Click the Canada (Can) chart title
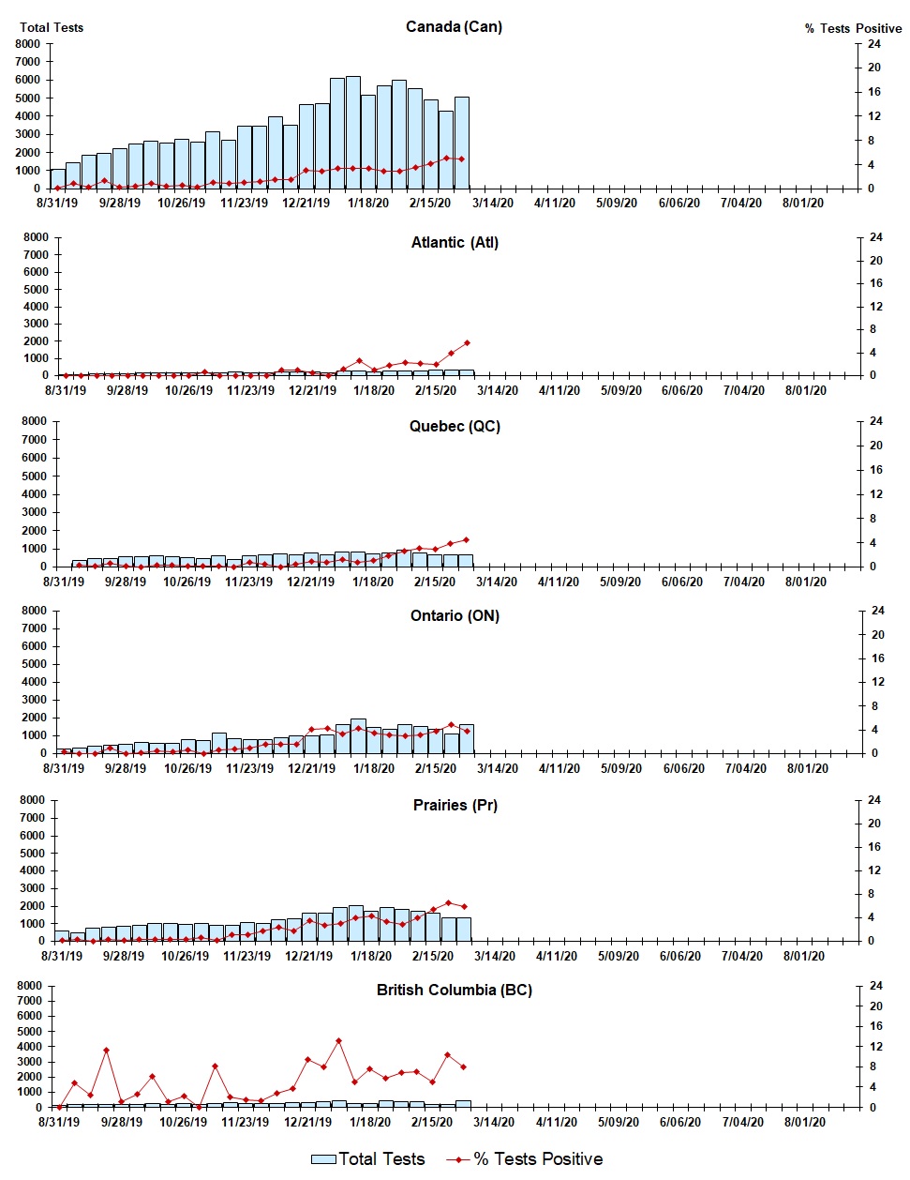pyautogui.click(x=454, y=26)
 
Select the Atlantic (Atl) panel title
pyautogui.click(x=455, y=242)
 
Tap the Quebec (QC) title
pyautogui.click(x=455, y=426)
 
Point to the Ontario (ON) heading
pyautogui.click(x=455, y=615)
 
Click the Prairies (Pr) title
pyautogui.click(x=455, y=805)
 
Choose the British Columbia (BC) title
pyautogui.click(x=454, y=990)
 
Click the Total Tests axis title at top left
pyautogui.click(x=52, y=27)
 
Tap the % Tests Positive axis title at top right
pyautogui.click(x=853, y=28)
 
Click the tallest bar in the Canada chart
pyautogui.click(x=352, y=132)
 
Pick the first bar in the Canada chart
pyautogui.click(x=58, y=178)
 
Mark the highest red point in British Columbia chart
pyautogui.click(x=338, y=1040)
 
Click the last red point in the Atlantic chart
pyautogui.click(x=467, y=343)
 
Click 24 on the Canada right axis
pyautogui.click(x=873, y=44)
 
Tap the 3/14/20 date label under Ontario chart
pyautogui.click(x=498, y=768)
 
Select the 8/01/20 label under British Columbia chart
pyautogui.click(x=803, y=1122)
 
